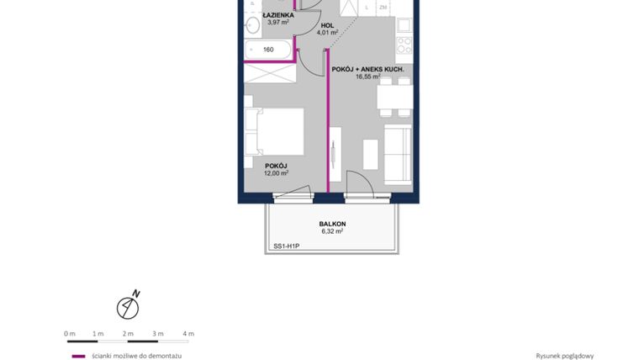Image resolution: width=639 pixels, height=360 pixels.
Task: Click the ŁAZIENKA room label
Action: click(277, 15)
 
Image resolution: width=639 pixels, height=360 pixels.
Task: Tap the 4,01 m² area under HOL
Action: click(326, 34)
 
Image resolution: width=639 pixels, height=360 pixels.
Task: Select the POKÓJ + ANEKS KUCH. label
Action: click(368, 68)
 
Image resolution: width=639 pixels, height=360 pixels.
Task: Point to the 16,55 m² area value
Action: click(368, 76)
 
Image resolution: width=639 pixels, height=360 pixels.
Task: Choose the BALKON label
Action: click(332, 224)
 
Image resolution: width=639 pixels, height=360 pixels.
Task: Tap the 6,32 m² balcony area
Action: click(332, 231)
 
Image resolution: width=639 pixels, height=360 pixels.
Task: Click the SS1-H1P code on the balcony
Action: click(287, 246)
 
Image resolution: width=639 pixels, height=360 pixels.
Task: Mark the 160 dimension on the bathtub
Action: click(268, 50)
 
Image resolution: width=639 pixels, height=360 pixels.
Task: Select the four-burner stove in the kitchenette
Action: click(404, 44)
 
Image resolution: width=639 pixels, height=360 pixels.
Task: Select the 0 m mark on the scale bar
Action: click(70, 333)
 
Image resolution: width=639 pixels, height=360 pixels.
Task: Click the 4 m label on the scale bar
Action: click(188, 333)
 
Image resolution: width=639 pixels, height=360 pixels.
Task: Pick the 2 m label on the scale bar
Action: click(129, 333)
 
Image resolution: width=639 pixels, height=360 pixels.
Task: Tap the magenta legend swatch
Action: click(78, 356)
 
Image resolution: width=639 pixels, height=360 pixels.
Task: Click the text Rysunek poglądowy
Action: click(564, 356)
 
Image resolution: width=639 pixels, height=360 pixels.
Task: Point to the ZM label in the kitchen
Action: click(383, 8)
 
